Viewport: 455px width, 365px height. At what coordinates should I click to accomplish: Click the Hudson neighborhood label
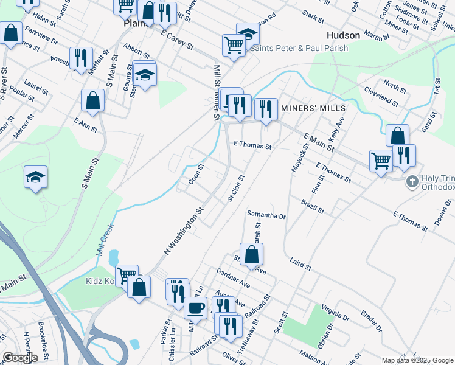344,35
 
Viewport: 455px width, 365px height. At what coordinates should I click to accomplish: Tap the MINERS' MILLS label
313,108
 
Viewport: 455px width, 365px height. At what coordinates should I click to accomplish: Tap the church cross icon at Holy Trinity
412,181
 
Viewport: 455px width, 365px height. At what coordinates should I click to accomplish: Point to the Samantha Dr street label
266,215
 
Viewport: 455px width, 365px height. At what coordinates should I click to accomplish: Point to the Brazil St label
312,206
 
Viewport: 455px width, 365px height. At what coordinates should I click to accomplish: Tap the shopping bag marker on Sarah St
251,254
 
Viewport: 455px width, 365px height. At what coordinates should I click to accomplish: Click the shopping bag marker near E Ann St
93,101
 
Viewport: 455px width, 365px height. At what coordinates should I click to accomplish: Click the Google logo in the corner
20,358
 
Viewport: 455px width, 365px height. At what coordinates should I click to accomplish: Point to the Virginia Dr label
335,313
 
